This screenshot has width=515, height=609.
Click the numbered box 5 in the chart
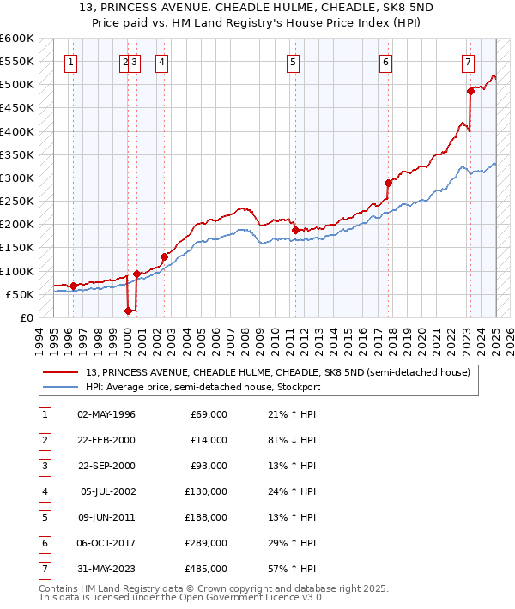click(x=294, y=62)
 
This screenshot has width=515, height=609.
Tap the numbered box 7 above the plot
click(x=468, y=62)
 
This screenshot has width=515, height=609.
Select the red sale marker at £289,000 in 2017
click(x=388, y=183)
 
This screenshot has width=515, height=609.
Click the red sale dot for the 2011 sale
click(x=294, y=230)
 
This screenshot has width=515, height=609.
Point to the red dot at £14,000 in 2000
click(x=128, y=311)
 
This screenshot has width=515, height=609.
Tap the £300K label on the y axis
click(x=16, y=178)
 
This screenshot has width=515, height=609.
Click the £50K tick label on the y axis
click(x=20, y=294)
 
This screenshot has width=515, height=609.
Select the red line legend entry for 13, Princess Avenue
click(x=277, y=373)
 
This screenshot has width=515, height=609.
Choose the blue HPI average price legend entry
click(x=202, y=387)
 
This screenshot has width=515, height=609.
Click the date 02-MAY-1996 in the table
click(x=106, y=414)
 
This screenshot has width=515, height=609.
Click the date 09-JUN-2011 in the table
click(x=106, y=517)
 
